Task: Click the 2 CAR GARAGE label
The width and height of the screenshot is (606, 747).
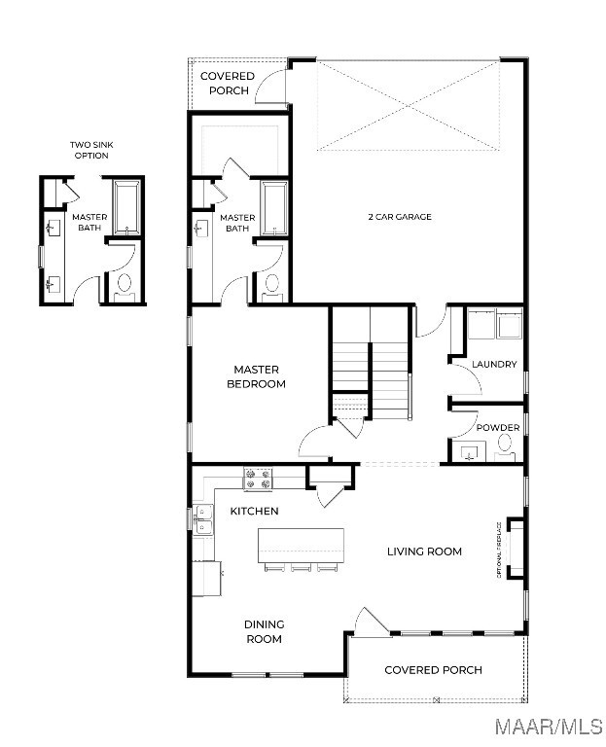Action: point(400,217)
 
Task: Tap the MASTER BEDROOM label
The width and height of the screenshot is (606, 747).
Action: point(257,376)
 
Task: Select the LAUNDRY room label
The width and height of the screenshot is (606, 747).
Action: point(494,365)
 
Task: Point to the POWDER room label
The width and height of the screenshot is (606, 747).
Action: point(498,427)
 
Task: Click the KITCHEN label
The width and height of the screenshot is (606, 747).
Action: point(255,512)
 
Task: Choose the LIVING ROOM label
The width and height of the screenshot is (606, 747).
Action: point(424,551)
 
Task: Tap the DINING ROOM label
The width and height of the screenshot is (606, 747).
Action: point(264,631)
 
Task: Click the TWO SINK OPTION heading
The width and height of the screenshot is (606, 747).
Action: point(91,150)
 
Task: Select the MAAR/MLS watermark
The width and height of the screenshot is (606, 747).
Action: point(549,727)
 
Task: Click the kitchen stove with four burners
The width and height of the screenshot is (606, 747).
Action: point(258,479)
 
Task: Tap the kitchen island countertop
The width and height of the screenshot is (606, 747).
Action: point(301,546)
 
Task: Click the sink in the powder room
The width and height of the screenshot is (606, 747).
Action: point(469,451)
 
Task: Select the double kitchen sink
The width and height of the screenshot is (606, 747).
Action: point(203,519)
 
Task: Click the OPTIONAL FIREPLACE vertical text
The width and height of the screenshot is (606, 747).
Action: point(499,550)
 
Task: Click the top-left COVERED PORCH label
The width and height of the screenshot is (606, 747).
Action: point(228,84)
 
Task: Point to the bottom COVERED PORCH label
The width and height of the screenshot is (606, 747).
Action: point(433,670)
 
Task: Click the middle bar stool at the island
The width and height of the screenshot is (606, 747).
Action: point(301,567)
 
